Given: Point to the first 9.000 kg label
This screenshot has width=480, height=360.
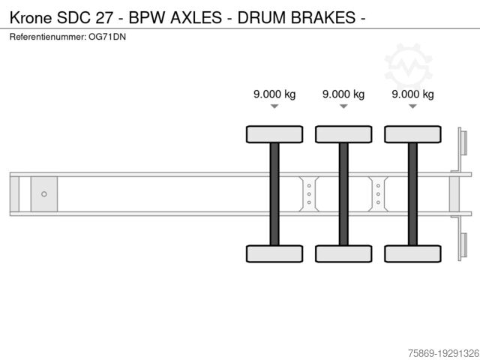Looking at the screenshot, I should coord(274,94).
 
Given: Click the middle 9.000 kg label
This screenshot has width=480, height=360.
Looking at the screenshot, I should coord(343,94).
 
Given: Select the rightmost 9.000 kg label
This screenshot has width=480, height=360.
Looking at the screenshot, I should coord(412,94).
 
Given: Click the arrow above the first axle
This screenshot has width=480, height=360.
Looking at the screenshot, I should coord(274,107).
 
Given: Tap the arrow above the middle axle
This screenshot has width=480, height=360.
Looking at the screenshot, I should coord(343,107).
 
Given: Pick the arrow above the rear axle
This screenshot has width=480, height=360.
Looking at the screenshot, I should coord(412,107).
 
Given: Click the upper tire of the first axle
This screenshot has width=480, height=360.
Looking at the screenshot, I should coord(274,134).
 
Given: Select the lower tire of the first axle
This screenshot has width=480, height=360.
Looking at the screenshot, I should coord(274,253).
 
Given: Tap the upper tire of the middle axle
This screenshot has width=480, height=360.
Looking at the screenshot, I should coord(343,134).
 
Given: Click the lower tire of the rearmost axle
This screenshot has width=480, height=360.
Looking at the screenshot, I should coord(412,253).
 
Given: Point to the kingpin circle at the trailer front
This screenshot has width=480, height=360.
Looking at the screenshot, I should coord(44,194).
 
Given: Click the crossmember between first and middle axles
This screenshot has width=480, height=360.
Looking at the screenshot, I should coord(309,194).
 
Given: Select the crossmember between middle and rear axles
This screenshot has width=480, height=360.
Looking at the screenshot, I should coord(378,194).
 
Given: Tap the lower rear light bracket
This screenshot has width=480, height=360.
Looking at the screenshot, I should coord(463,247).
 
